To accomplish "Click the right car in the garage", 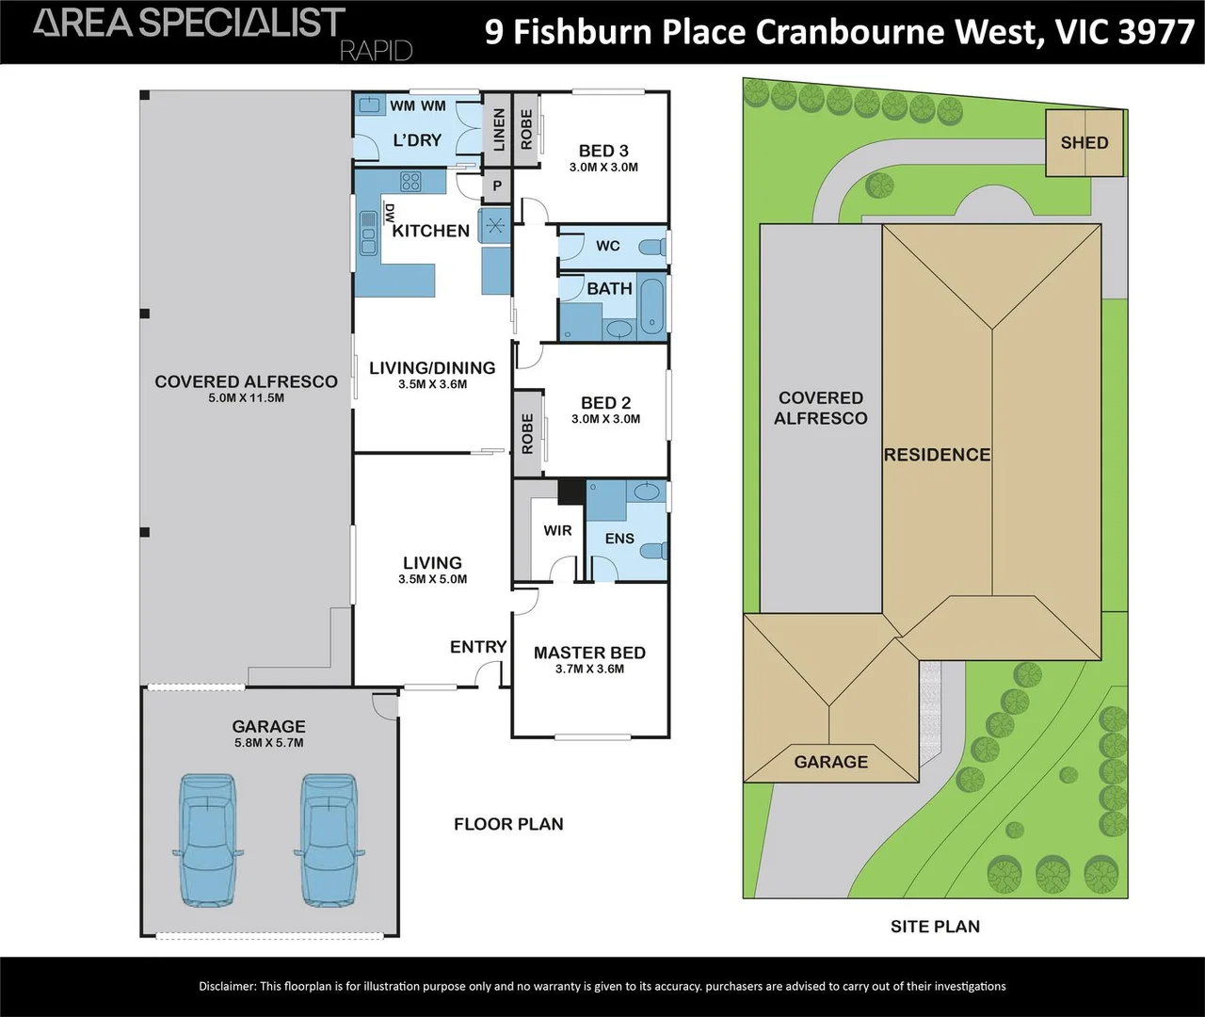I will coord(329,840).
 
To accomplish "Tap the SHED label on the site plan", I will coord(1084,143).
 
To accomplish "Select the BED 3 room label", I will coord(603,151).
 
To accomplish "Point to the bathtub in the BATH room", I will coord(651,307).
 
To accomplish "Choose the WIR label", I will coord(557,530).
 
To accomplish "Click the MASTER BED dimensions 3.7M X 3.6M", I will coord(590,670).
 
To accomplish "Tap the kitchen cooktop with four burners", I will coord(410,181).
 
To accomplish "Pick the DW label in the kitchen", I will coord(389,214).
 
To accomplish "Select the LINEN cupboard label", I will coord(499,129).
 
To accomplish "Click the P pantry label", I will coord(497,186).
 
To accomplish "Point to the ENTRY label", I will coord(478,647).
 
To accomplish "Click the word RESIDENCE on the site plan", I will coord(937,455).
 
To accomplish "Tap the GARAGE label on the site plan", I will coord(830,762).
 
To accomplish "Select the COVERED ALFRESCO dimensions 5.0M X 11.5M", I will coord(246,398).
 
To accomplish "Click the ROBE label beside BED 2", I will coord(527,433).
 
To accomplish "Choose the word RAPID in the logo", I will coord(376,51).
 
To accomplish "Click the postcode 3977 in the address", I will coord(1156,32).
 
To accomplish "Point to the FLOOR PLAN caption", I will coord(508,824).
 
